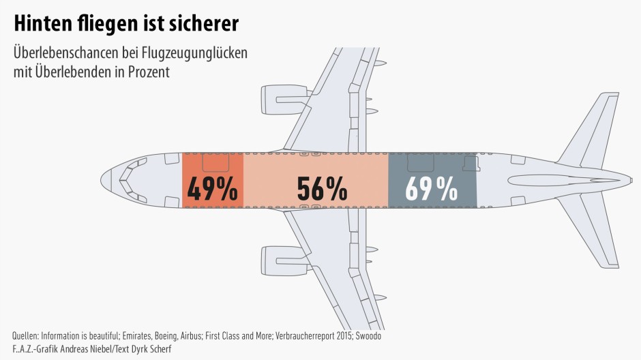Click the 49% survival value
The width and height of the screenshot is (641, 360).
coord(212,190)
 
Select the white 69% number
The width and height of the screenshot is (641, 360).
coord(431,190)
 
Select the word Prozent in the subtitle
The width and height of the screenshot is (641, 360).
coord(147,71)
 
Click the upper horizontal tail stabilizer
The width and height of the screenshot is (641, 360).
coord(586,130)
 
